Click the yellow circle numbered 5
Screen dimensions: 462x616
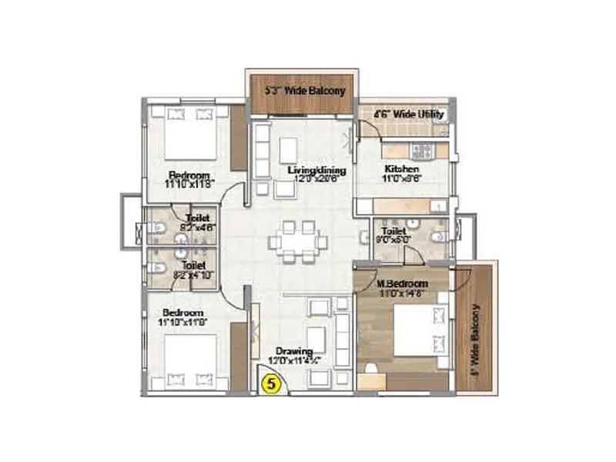(x=269, y=380)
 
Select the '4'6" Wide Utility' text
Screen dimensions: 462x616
(x=408, y=115)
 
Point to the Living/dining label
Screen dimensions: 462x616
(x=316, y=170)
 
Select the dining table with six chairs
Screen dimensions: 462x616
(x=298, y=240)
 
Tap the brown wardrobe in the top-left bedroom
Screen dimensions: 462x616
(x=238, y=138)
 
